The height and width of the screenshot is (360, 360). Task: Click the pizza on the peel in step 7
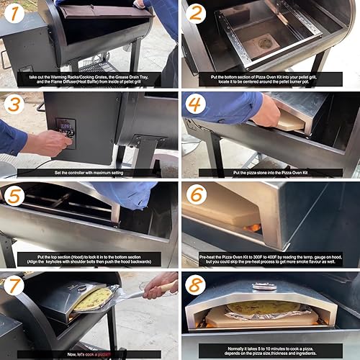tap(94, 300)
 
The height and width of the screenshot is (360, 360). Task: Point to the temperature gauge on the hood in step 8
tap(264, 287)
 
